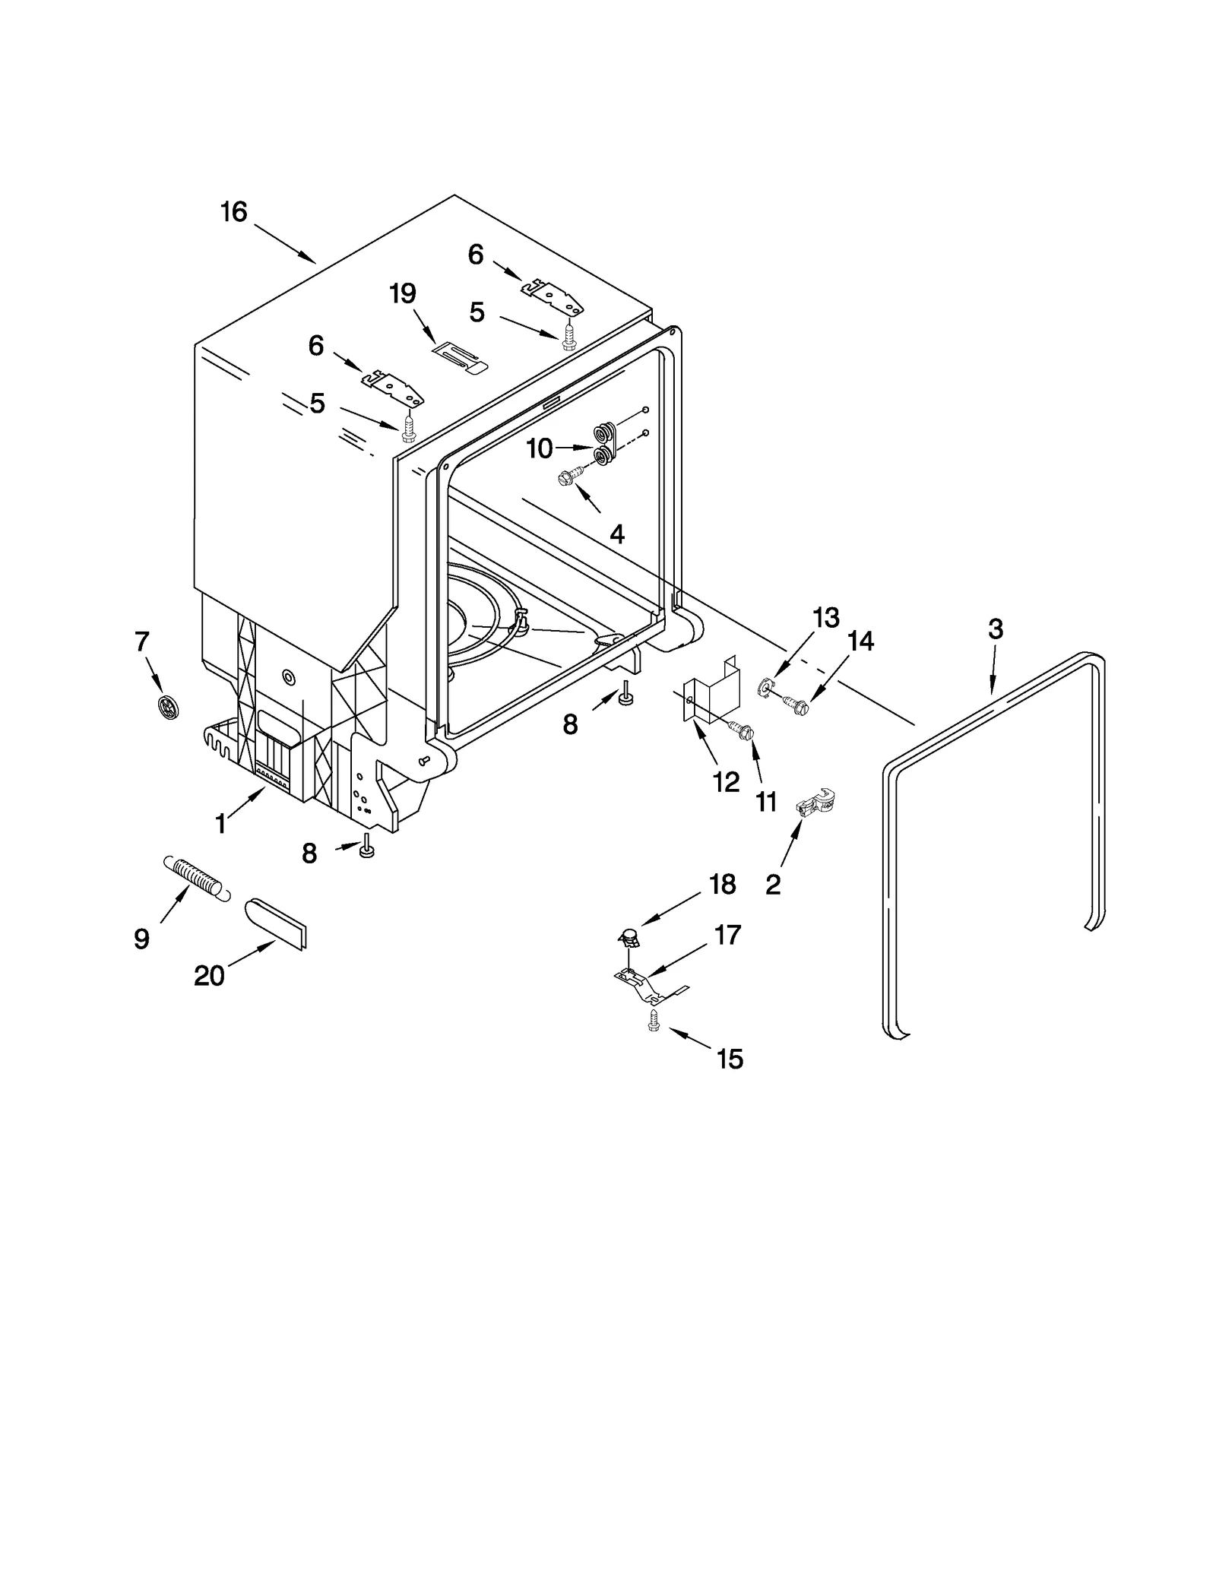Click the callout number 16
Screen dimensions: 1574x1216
[234, 212]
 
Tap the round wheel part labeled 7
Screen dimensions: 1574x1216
[168, 707]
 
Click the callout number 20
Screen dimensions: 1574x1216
[209, 975]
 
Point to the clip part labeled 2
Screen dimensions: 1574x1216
[815, 803]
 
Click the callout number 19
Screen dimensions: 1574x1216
[403, 293]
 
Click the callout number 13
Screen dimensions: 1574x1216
[825, 618]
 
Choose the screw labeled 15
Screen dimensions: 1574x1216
[653, 1023]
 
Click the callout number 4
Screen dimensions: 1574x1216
[617, 535]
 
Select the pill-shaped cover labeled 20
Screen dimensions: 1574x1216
[276, 923]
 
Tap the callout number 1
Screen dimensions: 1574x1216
[220, 824]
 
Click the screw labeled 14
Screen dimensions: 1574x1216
[792, 704]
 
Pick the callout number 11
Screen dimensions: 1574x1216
[766, 801]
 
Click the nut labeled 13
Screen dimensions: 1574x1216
[765, 689]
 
